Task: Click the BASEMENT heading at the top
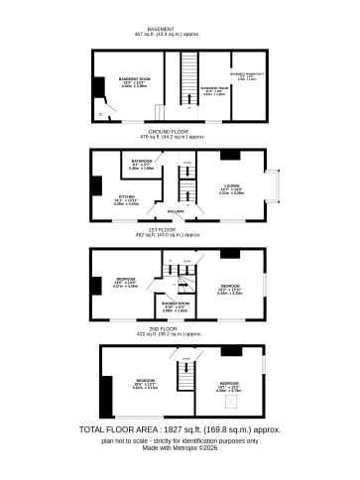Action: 180,29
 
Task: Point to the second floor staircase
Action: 182,374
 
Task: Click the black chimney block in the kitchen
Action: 95,185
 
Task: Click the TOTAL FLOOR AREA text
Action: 180,429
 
